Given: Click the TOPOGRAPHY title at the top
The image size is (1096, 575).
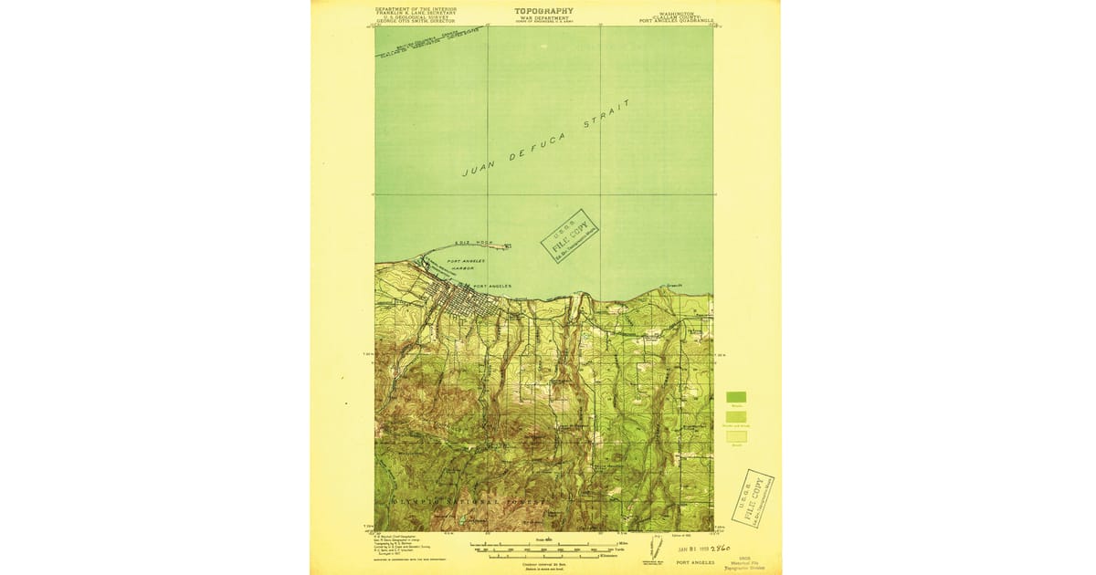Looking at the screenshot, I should tap(543, 10).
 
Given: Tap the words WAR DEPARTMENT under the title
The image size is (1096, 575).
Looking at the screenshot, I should tap(543, 17).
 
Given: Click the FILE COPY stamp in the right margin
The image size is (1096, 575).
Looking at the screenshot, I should tap(753, 497).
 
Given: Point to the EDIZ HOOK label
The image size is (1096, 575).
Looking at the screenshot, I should tap(476, 244).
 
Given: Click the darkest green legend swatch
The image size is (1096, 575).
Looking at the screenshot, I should tap(736, 397).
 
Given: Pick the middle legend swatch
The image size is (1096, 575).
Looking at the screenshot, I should tap(736, 416).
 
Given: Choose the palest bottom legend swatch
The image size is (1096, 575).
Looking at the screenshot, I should tap(736, 436).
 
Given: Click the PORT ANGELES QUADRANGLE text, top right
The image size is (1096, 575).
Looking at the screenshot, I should tap(676, 19).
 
